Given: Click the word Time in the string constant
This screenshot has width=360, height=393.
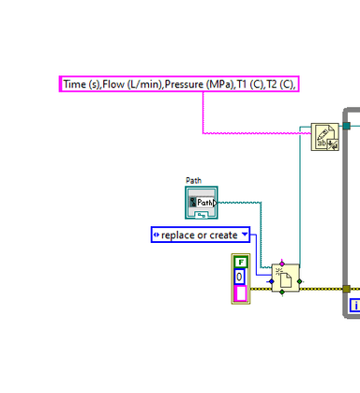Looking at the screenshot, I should [x=76, y=84].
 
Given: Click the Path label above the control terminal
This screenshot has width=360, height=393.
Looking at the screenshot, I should [x=193, y=180].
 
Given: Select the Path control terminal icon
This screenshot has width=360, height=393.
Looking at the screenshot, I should [x=201, y=203].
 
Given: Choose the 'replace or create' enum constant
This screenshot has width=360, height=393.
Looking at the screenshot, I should [x=200, y=234].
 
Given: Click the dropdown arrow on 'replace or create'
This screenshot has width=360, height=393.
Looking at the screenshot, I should [x=245, y=234].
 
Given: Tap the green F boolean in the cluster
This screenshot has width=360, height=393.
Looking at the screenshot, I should [x=240, y=262].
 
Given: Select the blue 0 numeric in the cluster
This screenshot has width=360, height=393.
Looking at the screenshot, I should [x=240, y=277].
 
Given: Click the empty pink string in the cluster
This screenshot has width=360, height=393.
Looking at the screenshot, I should [x=240, y=294].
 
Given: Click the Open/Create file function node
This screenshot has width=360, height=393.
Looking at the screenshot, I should [x=285, y=279].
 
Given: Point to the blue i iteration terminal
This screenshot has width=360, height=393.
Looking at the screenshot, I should [x=355, y=306].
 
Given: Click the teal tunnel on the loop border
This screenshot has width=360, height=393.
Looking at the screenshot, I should [x=346, y=126].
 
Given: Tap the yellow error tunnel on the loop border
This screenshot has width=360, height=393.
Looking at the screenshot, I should [x=346, y=289].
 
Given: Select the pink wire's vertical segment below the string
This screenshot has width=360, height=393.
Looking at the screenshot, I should [x=203, y=113].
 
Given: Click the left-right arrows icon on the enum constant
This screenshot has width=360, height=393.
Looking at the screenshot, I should [x=157, y=234].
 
